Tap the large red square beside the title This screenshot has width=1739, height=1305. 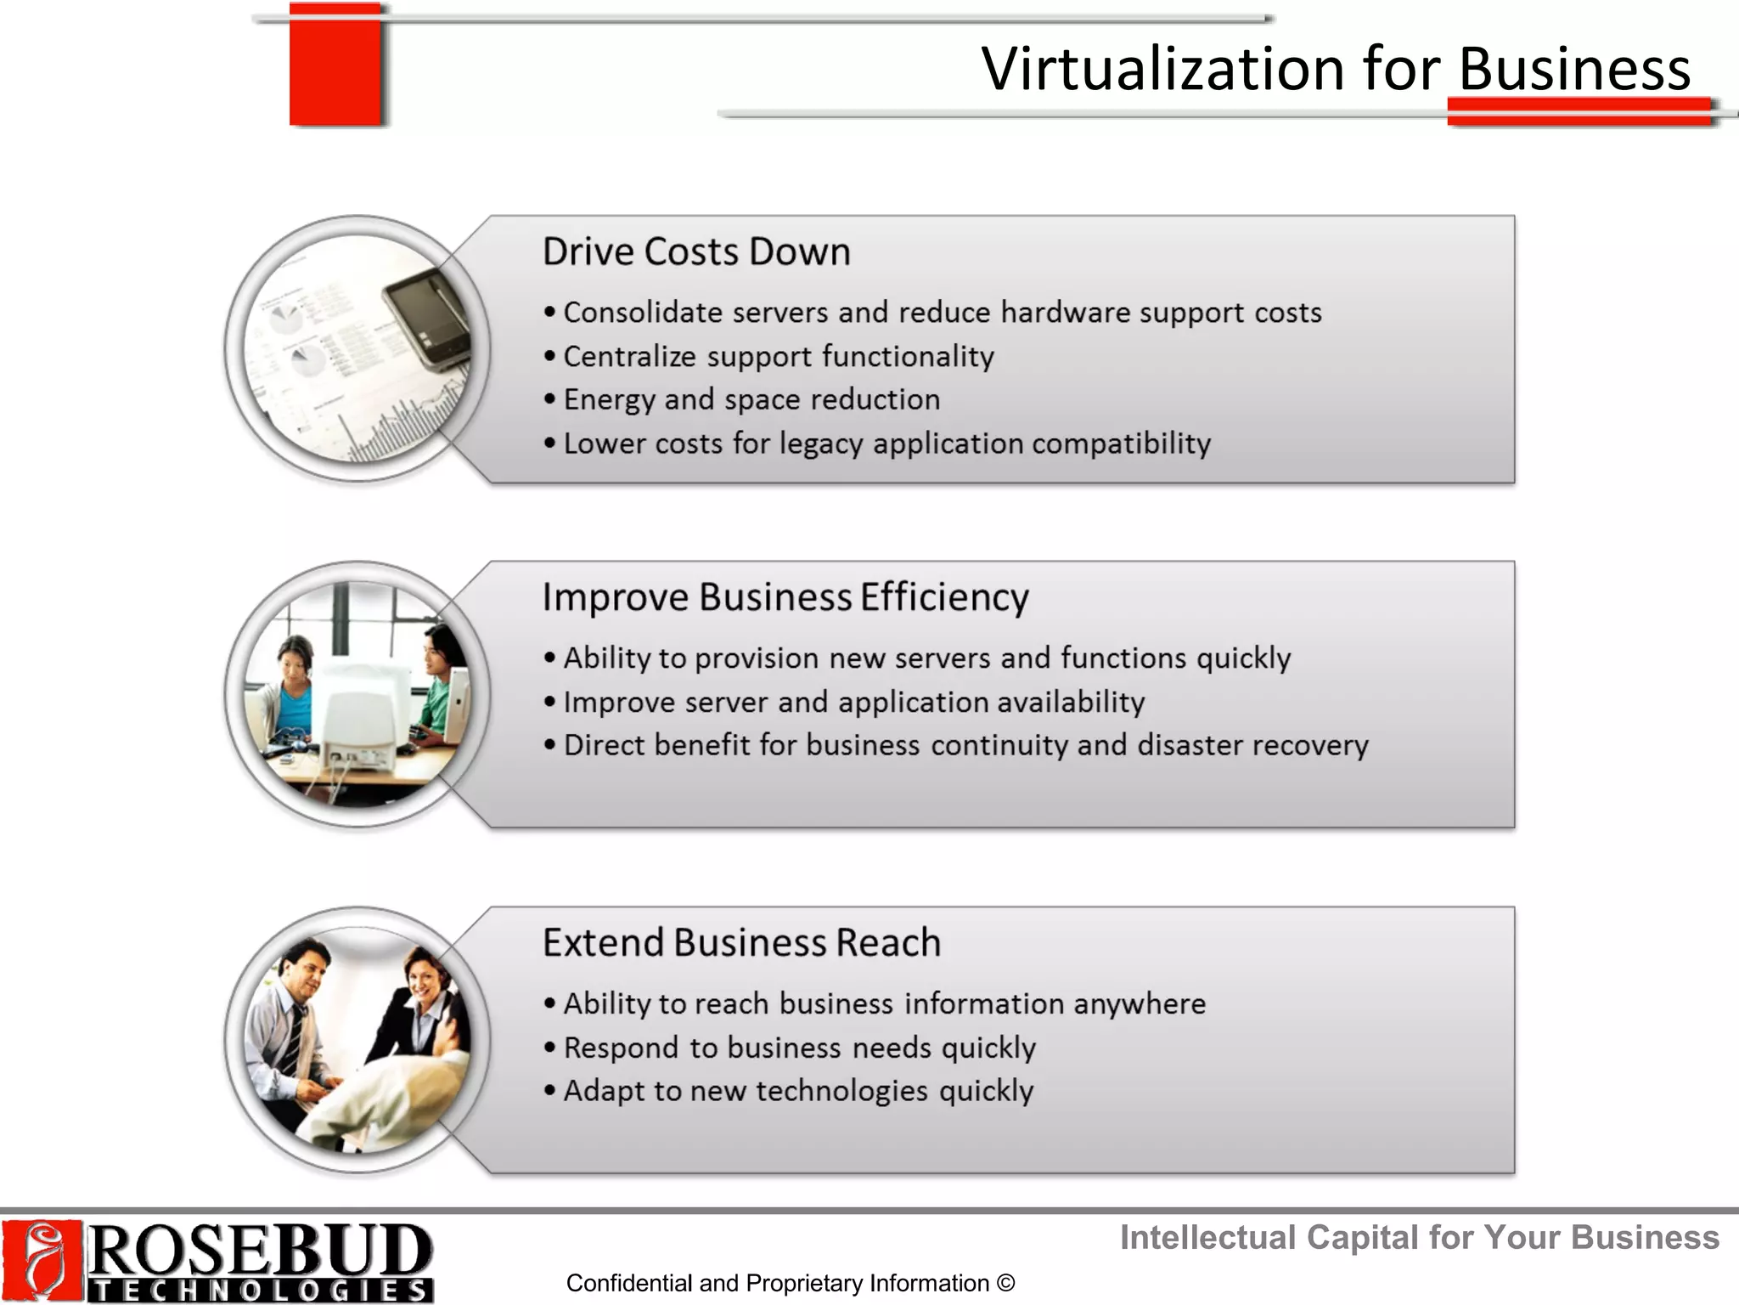335,65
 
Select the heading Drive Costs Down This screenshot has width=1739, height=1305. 696,252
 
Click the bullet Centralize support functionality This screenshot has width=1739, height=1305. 778,357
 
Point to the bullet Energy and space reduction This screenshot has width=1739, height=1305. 751,400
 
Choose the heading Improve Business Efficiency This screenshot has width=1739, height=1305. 785,597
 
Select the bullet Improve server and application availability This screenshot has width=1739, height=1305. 853,703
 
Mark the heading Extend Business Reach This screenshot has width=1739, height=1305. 741,943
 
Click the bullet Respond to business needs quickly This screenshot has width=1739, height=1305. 799,1048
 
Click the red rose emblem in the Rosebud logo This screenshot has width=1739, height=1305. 42,1261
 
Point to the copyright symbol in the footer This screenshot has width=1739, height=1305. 1005,1283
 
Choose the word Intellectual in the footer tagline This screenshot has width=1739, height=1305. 1207,1238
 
